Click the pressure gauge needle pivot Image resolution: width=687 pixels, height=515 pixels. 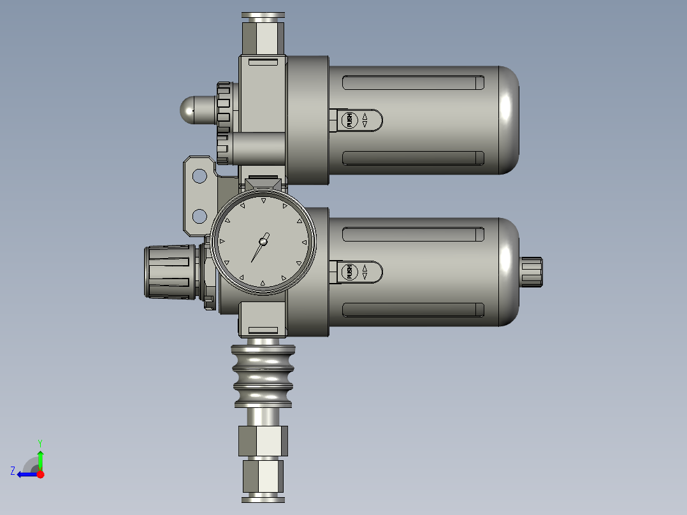click(263, 241)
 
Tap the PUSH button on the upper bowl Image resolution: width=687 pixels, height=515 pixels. click(349, 120)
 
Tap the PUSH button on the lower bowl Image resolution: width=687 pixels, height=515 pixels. click(349, 272)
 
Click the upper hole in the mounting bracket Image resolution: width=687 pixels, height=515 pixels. click(199, 175)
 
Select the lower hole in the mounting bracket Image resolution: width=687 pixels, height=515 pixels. click(199, 216)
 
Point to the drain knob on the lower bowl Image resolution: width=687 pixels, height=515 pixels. click(531, 272)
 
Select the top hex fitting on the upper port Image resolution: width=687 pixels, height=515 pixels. click(263, 36)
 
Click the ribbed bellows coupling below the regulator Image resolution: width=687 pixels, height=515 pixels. click(263, 375)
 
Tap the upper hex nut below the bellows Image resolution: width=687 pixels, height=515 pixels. click(263, 440)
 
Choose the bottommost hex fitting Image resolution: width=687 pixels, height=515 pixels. click(263, 477)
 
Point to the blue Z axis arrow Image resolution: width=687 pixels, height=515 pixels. click(25, 474)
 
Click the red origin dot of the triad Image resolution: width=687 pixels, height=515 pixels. click(40, 474)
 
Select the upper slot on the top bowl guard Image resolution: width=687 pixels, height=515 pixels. click(413, 83)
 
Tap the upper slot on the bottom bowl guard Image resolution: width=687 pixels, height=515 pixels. click(413, 235)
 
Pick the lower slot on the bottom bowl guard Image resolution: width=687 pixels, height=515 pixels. click(413, 310)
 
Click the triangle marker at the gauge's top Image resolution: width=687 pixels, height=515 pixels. click(263, 201)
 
